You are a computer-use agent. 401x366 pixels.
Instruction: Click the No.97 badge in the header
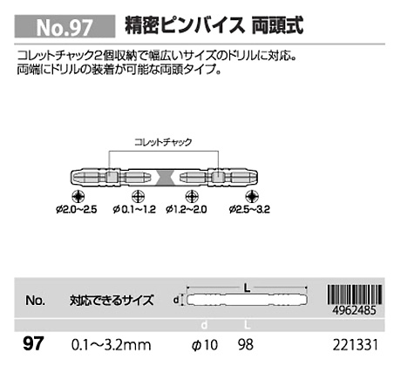click(65, 27)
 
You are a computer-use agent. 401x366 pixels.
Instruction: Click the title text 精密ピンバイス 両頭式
click(214, 25)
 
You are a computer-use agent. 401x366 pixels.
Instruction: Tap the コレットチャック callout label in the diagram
click(163, 142)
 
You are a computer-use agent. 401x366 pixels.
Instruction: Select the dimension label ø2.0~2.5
click(77, 209)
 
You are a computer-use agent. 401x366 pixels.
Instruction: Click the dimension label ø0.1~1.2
click(134, 209)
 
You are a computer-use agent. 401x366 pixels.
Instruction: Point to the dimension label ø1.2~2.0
click(187, 209)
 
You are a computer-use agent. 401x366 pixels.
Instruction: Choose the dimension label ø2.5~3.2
click(249, 209)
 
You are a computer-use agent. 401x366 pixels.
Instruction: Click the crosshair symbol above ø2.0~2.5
click(78, 196)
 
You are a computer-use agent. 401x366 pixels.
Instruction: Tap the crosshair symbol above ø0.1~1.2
click(138, 196)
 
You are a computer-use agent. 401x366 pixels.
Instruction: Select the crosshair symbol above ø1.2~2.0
click(192, 196)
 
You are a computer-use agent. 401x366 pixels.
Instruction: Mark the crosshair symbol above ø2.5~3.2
click(252, 196)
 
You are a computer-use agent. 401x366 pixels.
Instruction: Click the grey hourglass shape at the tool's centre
click(165, 177)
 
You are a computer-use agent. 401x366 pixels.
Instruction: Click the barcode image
click(355, 295)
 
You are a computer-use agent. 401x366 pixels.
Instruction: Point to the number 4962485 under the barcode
click(355, 310)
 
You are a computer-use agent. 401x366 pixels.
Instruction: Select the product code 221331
click(356, 345)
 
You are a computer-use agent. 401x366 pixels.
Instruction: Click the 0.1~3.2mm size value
click(112, 345)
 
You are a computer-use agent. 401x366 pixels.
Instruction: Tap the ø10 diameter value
click(205, 345)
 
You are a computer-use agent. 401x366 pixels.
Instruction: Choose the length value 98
click(246, 345)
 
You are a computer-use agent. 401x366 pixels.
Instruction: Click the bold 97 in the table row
click(33, 343)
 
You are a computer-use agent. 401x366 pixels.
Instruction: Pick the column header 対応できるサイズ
click(112, 301)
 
